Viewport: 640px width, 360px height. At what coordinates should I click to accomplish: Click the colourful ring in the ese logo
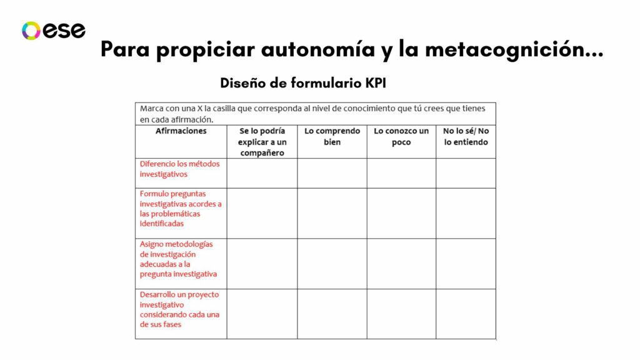31,31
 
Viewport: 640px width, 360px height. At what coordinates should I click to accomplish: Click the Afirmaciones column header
181,131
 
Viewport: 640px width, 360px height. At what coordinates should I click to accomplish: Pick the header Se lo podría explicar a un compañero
262,142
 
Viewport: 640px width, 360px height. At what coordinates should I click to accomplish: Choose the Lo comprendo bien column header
332,136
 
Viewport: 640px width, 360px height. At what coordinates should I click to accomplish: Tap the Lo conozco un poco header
401,136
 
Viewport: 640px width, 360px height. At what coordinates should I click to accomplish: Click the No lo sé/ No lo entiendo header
466,136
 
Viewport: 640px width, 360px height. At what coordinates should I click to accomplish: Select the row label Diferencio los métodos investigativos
172,169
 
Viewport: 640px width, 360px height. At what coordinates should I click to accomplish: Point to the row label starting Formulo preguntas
180,208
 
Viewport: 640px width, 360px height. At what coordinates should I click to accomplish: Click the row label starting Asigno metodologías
178,259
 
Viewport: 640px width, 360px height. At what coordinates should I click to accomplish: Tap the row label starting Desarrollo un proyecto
180,309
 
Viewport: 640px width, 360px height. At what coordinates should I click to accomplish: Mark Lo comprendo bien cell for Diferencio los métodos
332,173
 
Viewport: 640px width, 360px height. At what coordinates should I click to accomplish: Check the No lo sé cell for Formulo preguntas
466,213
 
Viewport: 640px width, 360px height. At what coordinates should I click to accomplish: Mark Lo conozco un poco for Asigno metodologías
401,263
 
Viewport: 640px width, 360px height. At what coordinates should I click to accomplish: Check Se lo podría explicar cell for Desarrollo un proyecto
262,314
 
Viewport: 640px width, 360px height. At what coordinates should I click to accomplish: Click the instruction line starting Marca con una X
312,114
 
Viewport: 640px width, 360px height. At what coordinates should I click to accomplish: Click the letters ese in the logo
64,31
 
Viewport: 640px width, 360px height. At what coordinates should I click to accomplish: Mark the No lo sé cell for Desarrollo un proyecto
466,314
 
